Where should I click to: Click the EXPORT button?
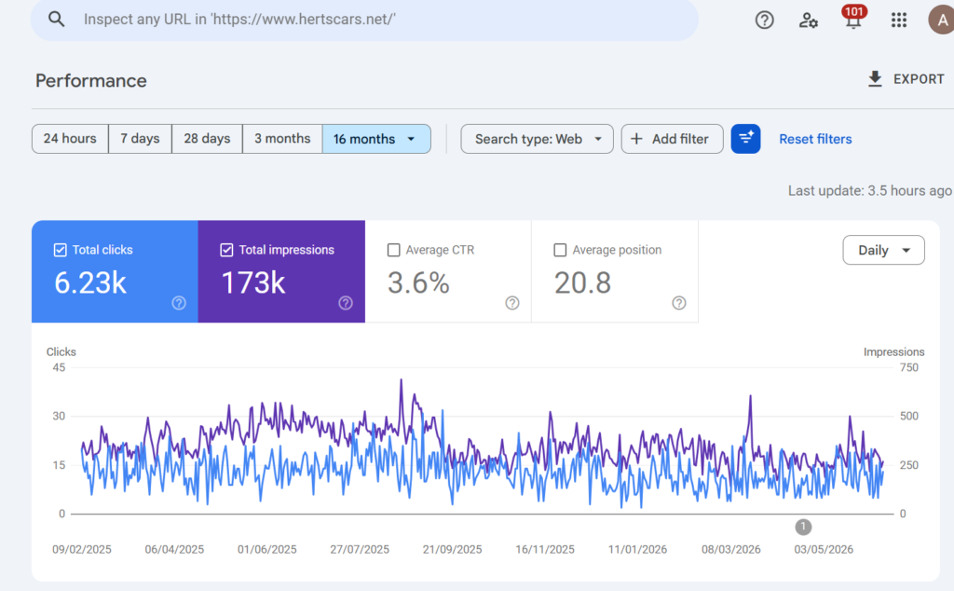pos(906,79)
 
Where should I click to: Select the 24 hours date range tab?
pos(70,139)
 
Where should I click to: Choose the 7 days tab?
pos(140,139)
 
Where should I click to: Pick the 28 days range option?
pos(207,139)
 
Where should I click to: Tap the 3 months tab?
pos(282,139)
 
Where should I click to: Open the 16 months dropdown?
pos(376,139)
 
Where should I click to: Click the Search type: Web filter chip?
pos(537,139)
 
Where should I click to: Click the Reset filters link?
pos(815,139)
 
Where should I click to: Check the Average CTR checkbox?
pos(394,250)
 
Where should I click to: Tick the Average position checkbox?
pos(560,250)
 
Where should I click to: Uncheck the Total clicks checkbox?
pos(61,250)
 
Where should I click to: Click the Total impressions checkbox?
pos(226,250)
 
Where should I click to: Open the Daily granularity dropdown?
pos(883,250)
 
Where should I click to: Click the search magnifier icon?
pos(56,20)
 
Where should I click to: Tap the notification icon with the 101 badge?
pos(853,19)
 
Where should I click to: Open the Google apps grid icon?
pos(899,21)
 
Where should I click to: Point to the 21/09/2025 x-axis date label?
pos(452,549)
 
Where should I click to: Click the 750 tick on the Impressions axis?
pos(909,367)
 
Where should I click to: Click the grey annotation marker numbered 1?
pos(803,527)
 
